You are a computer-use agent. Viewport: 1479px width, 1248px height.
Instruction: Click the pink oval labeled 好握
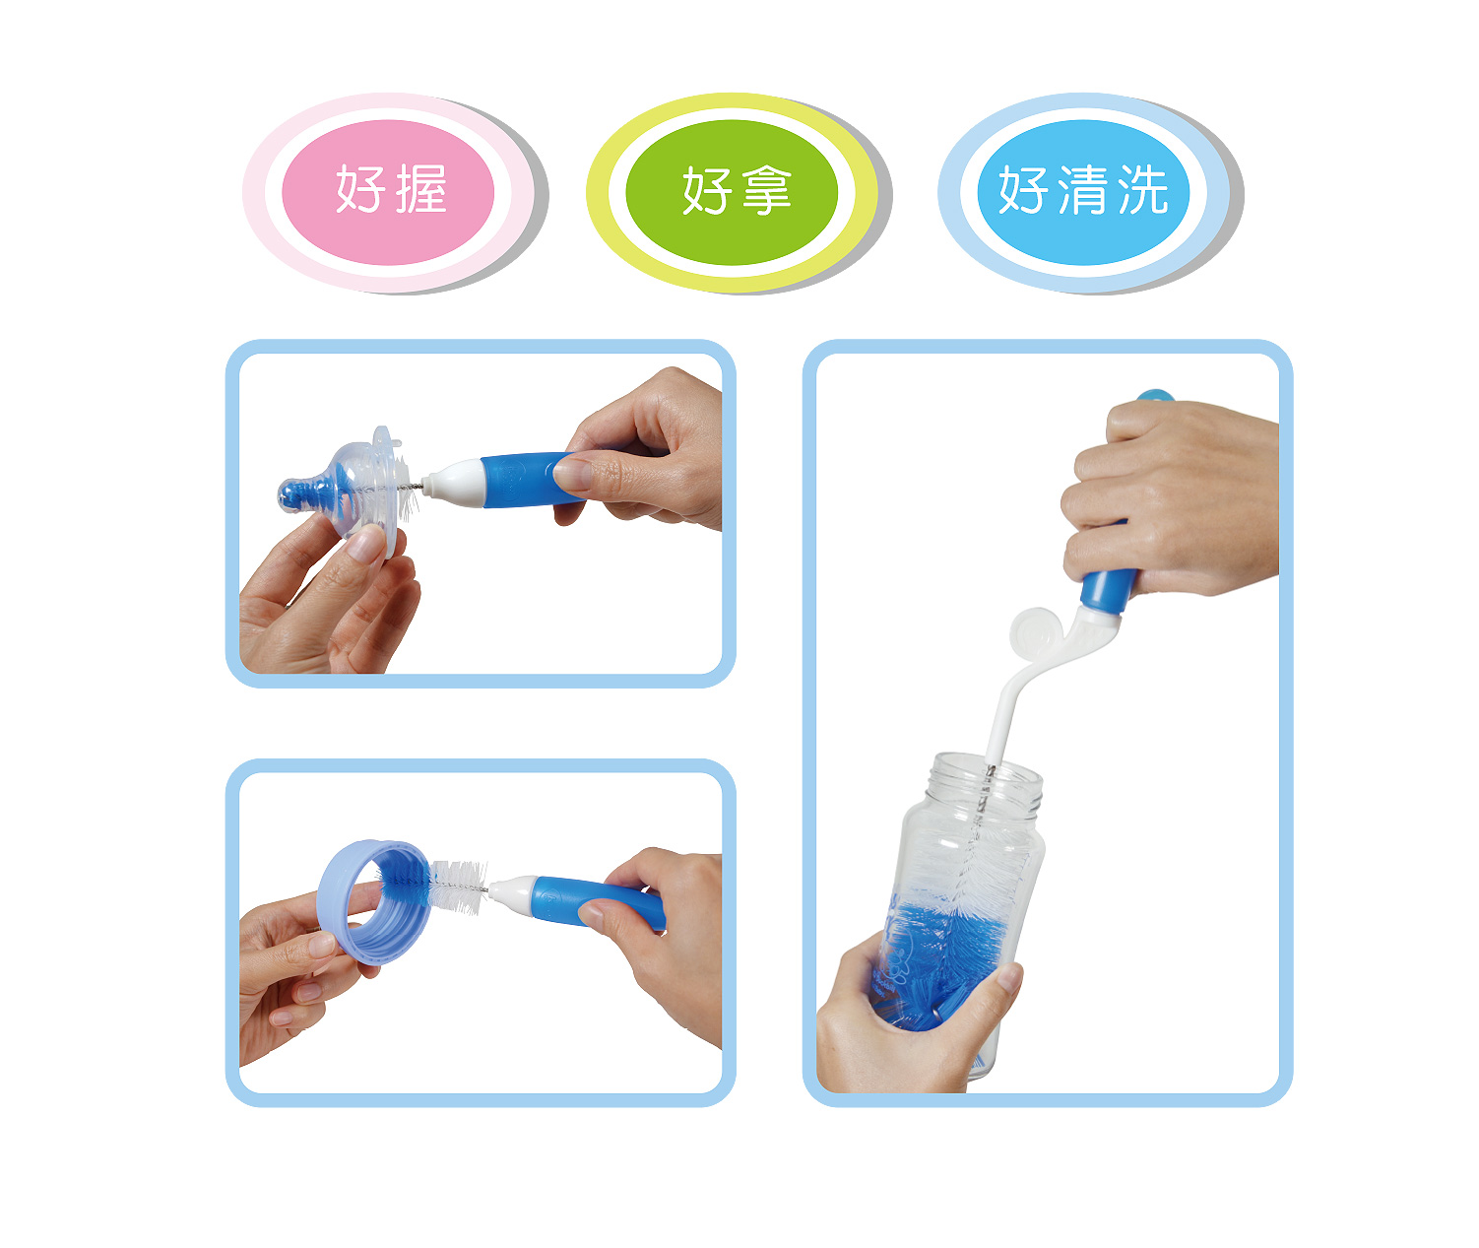(x=387, y=192)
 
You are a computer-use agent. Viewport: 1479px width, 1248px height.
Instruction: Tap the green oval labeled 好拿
(x=732, y=192)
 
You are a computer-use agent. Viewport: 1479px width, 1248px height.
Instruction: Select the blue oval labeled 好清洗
(x=1083, y=192)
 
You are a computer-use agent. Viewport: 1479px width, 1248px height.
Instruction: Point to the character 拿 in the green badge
(x=766, y=190)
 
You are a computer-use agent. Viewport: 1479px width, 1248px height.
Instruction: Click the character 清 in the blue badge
(x=1082, y=189)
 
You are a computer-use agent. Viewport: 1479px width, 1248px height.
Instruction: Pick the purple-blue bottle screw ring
(x=373, y=901)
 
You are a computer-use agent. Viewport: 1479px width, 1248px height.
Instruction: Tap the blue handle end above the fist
(x=1154, y=395)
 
